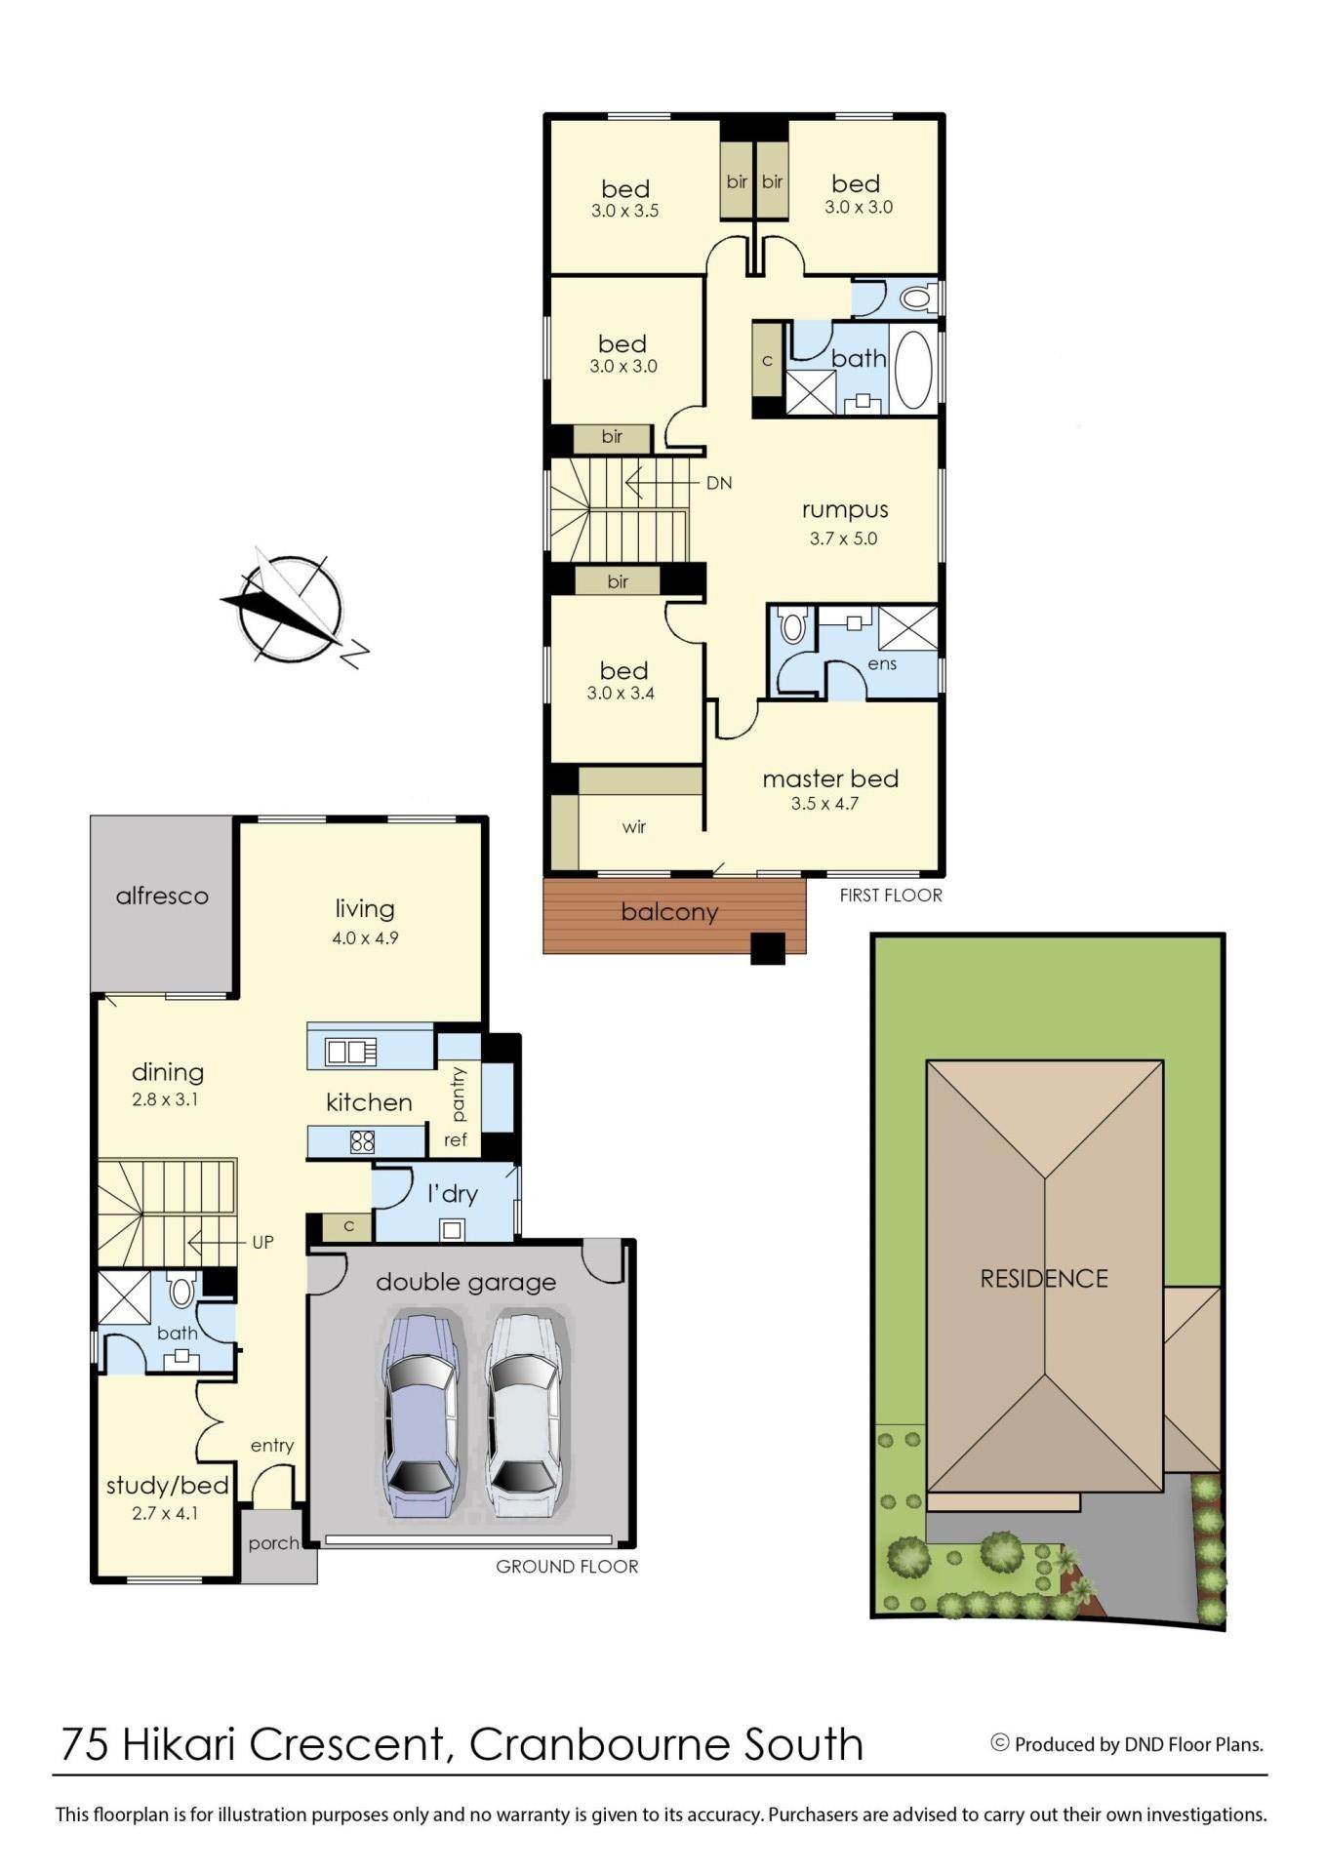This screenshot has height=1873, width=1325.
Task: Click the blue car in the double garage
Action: pos(421,1416)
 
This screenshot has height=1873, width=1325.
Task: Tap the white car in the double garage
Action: pos(524,1416)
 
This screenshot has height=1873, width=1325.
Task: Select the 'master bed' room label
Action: pos(830,779)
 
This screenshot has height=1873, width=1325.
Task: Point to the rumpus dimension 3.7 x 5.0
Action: pos(844,538)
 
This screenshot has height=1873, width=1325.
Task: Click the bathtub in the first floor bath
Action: pos(913,370)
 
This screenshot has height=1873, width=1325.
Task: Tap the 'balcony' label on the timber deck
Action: pos(669,912)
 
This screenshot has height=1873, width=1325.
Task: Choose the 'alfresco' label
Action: pos(162,896)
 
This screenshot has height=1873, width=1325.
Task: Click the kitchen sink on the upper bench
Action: pos(351,1052)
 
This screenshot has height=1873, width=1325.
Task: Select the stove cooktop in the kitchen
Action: pos(362,1141)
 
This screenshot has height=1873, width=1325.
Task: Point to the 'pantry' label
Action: pos(459,1094)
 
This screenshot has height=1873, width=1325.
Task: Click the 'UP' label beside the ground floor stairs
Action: pos(263,1243)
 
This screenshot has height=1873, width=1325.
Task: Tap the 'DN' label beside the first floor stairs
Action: pos(719,483)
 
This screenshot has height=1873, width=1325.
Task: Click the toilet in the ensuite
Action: pos(793,625)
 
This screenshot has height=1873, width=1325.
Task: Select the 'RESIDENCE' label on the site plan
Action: pos(1044,1279)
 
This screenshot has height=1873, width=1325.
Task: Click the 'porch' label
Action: pos(273,1543)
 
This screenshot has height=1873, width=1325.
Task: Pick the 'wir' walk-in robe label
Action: pos(634,827)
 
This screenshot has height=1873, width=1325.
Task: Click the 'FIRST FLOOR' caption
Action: pos(891,895)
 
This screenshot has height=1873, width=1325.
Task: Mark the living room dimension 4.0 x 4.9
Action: pos(365,938)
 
